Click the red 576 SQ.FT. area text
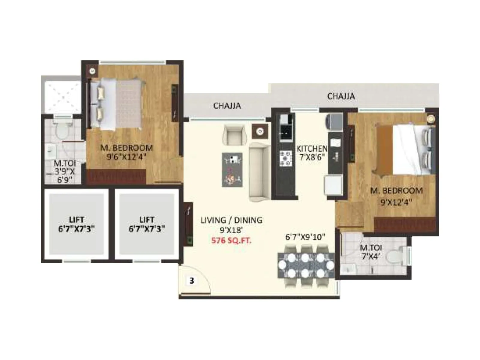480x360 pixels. point(231,240)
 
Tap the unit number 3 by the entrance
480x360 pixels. point(192,281)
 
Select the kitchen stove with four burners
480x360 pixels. point(285,158)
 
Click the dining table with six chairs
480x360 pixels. point(306,265)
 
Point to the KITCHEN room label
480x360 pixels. point(312,148)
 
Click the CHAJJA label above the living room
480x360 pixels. point(227,106)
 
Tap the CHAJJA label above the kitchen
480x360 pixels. point(341,96)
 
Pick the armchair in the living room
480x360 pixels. point(234,135)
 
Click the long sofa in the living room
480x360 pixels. point(260,172)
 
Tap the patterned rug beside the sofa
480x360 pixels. point(232,170)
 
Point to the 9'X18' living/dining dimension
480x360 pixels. point(231,230)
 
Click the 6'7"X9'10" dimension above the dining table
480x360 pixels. point(305,237)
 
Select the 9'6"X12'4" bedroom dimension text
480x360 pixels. point(126,157)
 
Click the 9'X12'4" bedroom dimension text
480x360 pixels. point(396,202)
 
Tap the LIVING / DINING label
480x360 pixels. point(231,220)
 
